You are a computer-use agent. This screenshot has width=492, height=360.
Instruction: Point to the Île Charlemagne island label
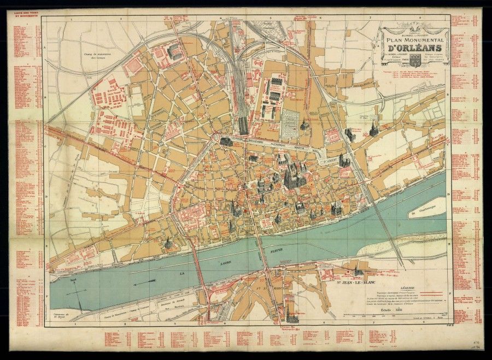pos(423,212)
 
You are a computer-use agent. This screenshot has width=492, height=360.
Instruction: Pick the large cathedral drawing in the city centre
pos(291,175)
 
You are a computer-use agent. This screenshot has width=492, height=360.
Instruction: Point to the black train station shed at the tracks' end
pos(242,126)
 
